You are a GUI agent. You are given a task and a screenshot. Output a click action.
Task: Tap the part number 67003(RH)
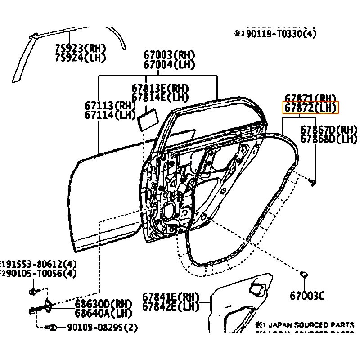(x=169, y=55)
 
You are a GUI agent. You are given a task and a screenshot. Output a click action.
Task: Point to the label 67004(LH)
(x=169, y=64)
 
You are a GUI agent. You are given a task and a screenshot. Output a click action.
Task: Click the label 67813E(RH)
(x=160, y=88)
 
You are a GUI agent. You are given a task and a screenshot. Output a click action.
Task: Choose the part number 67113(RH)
(x=110, y=106)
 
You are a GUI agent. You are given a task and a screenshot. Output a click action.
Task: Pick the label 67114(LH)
(x=110, y=115)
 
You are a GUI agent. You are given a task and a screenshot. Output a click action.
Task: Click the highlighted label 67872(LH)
(x=310, y=108)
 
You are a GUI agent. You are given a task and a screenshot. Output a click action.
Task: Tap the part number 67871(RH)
(x=310, y=99)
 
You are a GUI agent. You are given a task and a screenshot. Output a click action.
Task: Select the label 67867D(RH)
(x=328, y=130)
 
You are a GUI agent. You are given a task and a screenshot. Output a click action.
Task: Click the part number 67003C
(x=307, y=296)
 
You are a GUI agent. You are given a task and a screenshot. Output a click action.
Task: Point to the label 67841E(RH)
(x=171, y=297)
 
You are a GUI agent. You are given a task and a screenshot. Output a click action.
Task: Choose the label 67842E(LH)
(x=171, y=306)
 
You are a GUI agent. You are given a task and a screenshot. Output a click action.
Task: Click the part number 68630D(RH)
(x=103, y=304)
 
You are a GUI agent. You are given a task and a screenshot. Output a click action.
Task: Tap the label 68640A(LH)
(x=103, y=313)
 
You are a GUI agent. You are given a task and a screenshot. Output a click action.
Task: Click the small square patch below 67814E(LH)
(x=148, y=121)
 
